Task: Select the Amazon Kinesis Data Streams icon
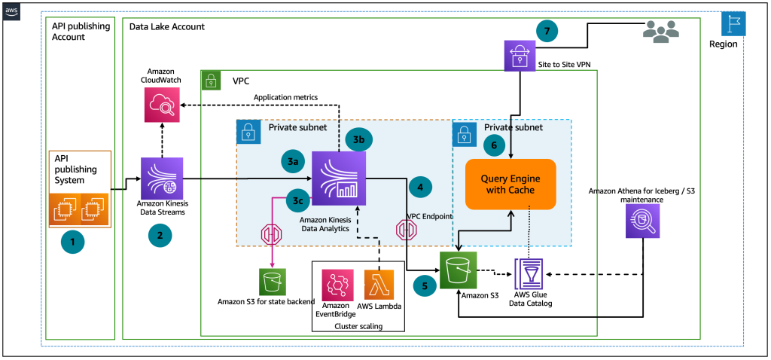point(161,178)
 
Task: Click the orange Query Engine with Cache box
point(511,185)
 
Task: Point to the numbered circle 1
point(73,243)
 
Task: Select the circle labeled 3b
point(358,139)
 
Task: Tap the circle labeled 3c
point(297,202)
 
